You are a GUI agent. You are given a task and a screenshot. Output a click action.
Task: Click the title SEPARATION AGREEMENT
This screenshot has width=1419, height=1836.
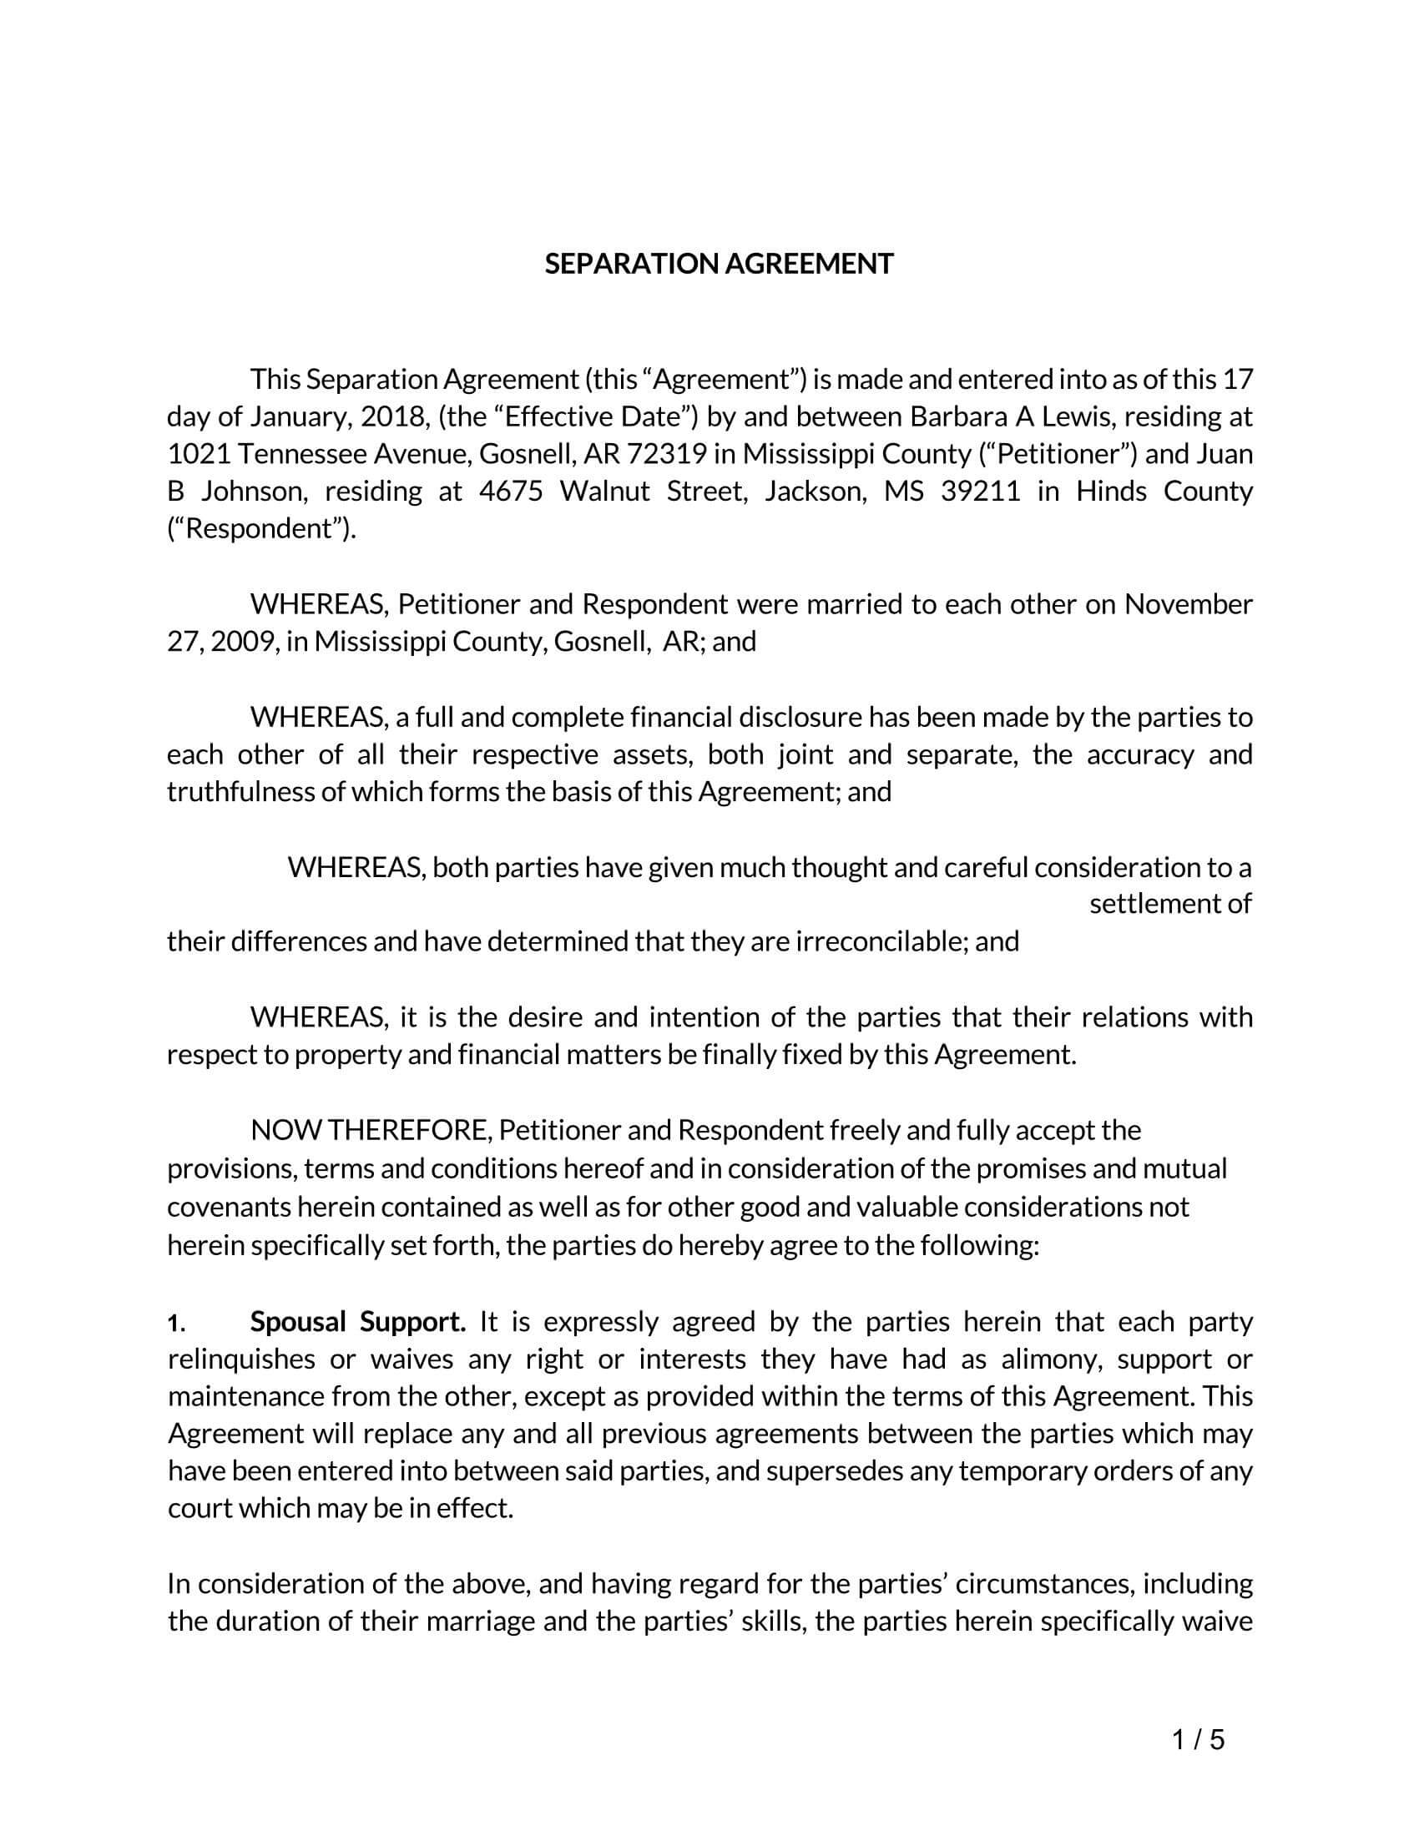719,264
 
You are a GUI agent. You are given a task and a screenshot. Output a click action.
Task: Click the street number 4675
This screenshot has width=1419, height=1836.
511,491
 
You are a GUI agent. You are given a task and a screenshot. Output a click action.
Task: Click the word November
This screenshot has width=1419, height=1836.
1189,604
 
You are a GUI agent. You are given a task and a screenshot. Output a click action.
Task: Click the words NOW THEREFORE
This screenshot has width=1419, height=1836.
369,1131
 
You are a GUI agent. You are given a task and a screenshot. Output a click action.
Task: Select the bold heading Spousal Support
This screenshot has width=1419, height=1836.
357,1323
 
